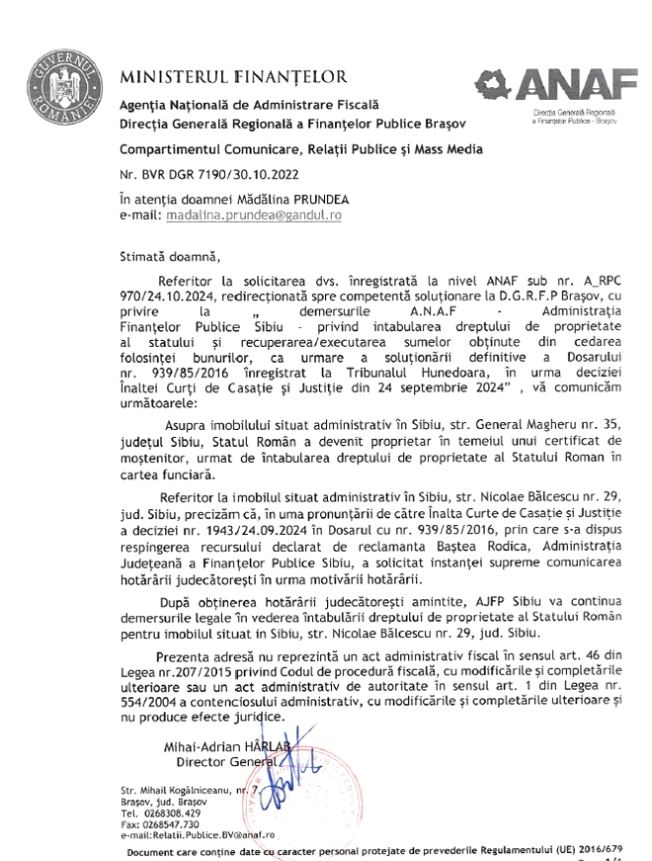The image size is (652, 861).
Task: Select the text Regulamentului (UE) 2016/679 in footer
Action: click(x=561, y=848)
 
